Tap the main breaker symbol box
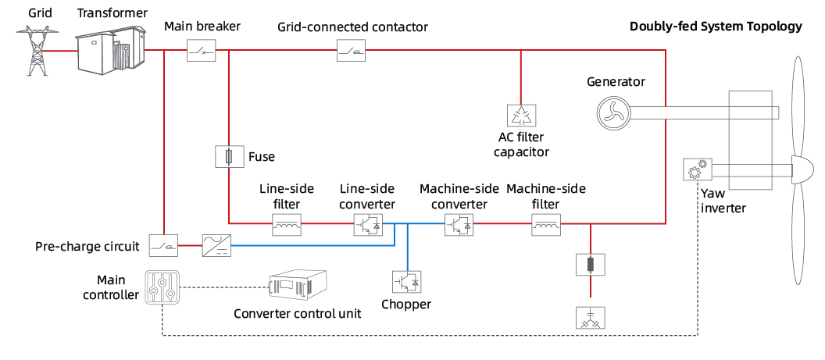point(202,52)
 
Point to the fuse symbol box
point(227,157)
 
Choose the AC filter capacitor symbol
point(520,116)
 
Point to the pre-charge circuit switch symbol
point(164,247)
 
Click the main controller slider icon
point(162,286)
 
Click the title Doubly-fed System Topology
point(716,27)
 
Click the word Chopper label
point(406,304)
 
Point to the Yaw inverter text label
point(723,201)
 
